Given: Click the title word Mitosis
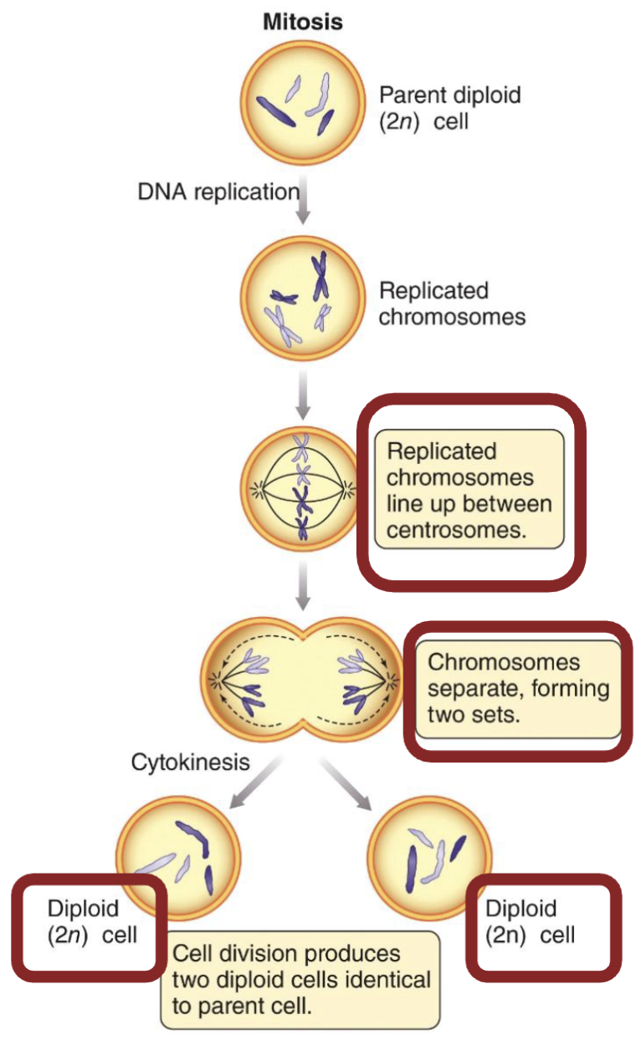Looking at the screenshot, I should [x=303, y=22].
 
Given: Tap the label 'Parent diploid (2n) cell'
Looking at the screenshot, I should [x=449, y=108].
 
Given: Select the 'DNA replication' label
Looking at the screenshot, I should [x=218, y=192].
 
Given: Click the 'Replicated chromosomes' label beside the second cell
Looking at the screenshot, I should [x=452, y=304].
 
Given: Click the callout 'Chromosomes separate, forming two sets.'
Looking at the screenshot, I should [x=518, y=689].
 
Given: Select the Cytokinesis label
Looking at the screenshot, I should [x=190, y=762].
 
